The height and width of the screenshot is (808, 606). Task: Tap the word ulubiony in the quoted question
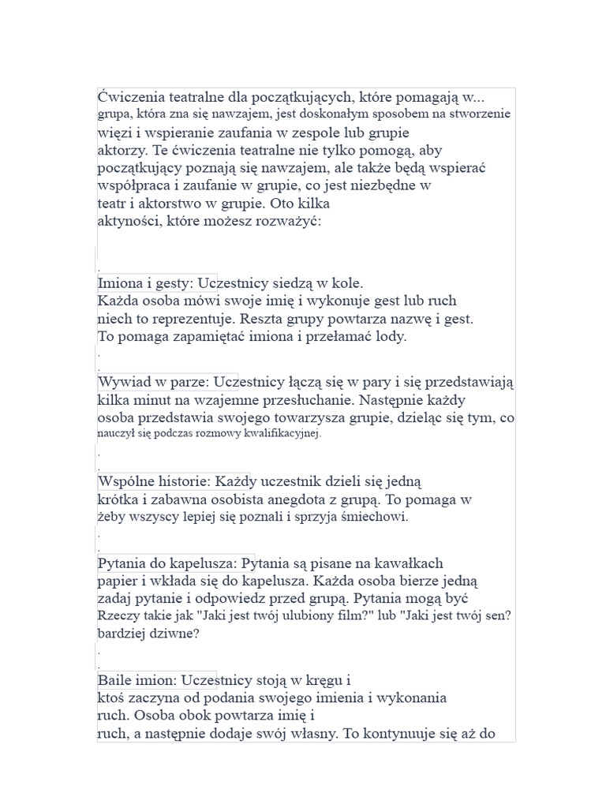tap(312, 615)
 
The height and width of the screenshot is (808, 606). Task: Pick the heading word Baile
tap(113, 680)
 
